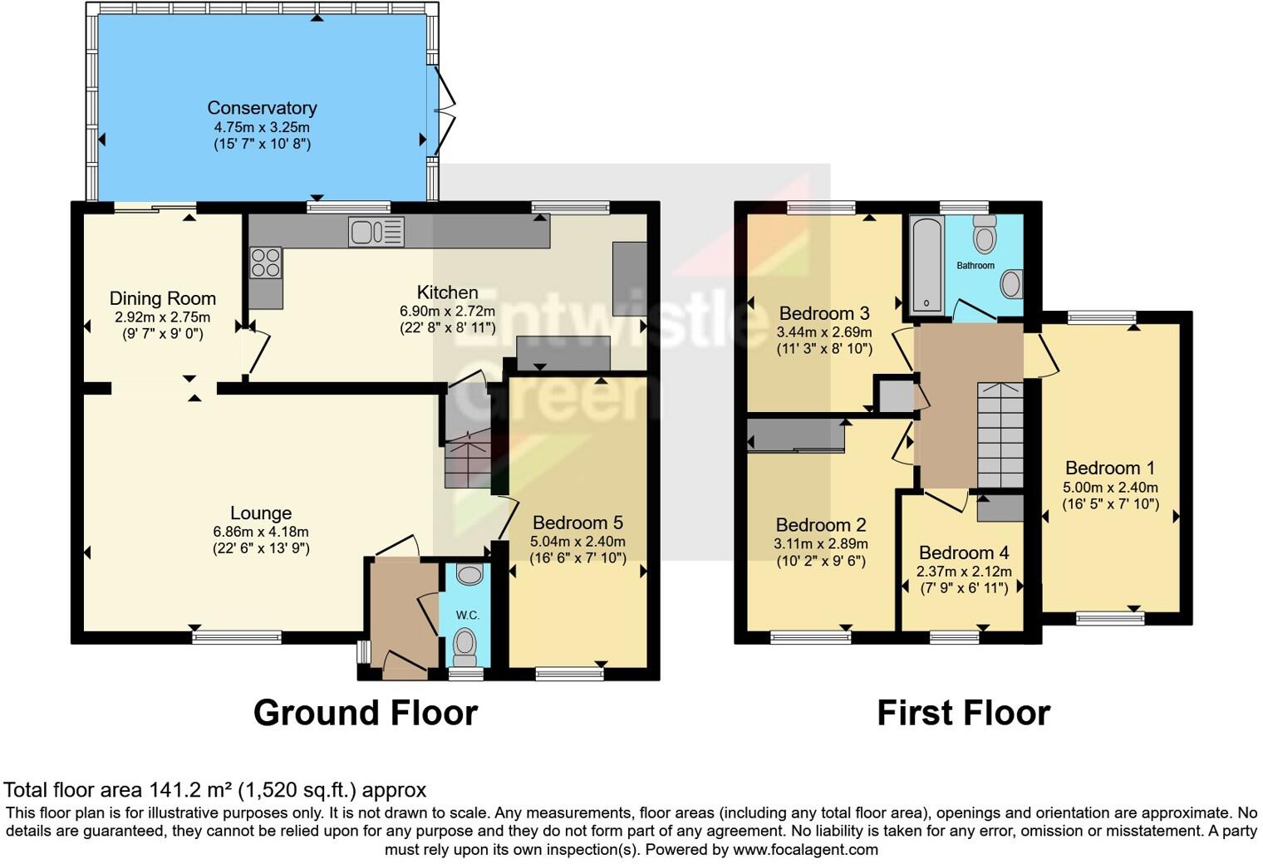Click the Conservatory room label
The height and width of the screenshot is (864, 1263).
[x=262, y=108]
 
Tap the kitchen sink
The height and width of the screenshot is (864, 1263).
[x=376, y=232]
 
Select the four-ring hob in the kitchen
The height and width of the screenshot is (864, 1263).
[x=266, y=263]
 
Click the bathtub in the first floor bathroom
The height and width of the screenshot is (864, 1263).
[x=926, y=264]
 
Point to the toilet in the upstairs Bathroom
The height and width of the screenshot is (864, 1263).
[x=985, y=235]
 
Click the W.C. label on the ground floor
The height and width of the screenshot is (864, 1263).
[x=467, y=616]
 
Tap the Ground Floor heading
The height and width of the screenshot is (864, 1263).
[x=365, y=714]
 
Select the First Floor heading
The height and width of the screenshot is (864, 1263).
[x=963, y=714]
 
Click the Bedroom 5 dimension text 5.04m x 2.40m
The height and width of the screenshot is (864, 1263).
[x=577, y=542]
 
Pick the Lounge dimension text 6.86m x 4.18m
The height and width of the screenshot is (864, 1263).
[x=261, y=532]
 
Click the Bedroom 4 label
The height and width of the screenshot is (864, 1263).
[x=964, y=553]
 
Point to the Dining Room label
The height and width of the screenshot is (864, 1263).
[x=163, y=299]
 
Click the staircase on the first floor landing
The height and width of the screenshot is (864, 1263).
[x=1000, y=435]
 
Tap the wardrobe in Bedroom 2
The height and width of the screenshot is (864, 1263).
[x=795, y=435]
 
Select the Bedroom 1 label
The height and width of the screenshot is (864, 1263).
[x=1110, y=469]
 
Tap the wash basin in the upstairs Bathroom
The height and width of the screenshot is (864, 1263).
[x=1010, y=284]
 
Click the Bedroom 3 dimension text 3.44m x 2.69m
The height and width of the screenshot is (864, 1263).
[x=823, y=332]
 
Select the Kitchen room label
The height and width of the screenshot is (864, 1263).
[x=447, y=292]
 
